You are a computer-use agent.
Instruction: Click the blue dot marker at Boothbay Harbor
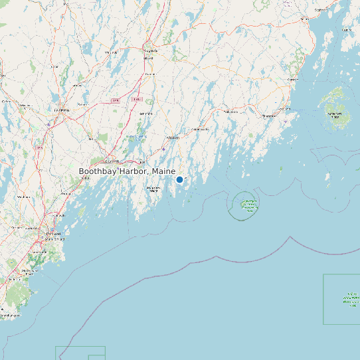[179, 179]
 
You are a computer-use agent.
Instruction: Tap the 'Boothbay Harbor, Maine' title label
[127, 171]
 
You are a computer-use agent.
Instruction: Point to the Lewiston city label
[62, 110]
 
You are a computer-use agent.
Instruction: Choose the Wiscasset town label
[173, 137]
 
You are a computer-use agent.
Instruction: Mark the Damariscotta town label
[200, 129]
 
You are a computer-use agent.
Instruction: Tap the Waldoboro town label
[230, 112]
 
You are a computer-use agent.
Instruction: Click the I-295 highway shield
[114, 100]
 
